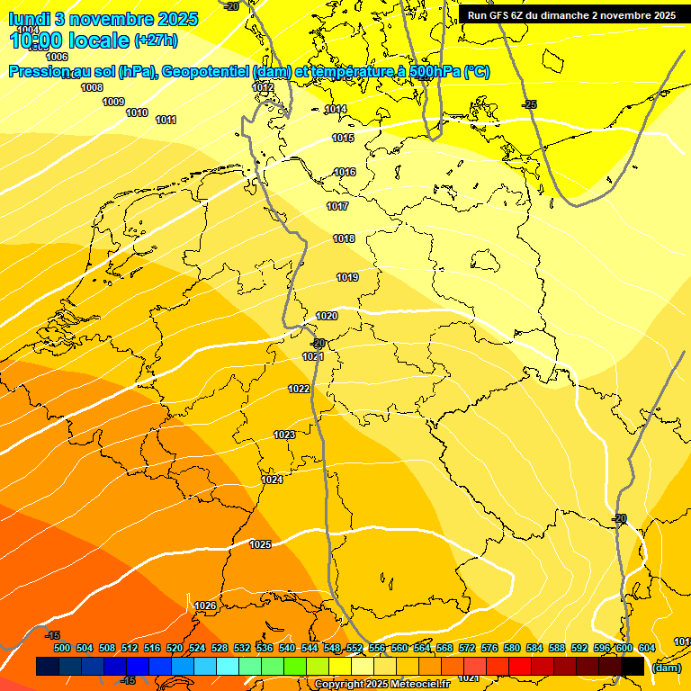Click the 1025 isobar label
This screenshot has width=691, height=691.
[261, 544]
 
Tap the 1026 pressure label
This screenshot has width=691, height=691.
[205, 606]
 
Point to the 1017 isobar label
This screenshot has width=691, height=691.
[337, 206]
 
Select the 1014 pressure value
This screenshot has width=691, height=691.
[336, 109]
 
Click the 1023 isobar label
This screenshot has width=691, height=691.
[284, 435]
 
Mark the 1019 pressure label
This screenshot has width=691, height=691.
[348, 277]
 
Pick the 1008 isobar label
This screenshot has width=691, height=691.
[92, 87]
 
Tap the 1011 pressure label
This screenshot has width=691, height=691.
[166, 120]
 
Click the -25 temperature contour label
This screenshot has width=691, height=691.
[530, 105]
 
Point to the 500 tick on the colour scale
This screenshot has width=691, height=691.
[62, 648]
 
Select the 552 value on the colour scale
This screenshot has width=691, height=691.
[354, 648]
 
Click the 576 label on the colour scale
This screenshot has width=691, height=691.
[489, 648]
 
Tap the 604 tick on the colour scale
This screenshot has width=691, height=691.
[646, 648]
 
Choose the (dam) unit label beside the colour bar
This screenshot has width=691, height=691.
[666, 667]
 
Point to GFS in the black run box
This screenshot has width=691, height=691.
[503, 15]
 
